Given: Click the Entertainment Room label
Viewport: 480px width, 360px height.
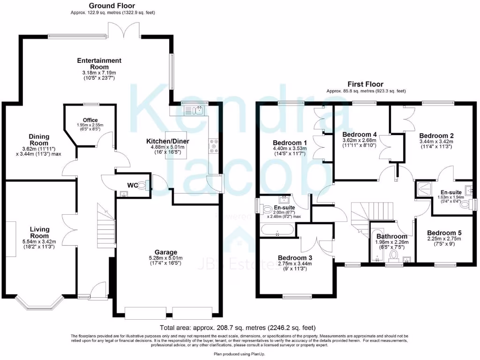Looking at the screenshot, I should coord(99,64).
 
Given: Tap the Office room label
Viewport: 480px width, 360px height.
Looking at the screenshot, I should coord(90,120).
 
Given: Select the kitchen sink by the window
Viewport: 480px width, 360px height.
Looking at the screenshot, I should coord(194,110).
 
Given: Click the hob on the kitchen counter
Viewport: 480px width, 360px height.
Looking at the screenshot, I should coord(214,145).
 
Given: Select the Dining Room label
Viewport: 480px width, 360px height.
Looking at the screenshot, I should coord(39,140).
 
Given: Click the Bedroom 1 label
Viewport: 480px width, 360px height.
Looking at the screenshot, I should coord(290,142).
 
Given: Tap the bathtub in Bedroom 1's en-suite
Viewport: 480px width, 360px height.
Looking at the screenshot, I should coord(277,230).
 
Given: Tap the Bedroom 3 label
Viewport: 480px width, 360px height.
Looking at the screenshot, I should coord(294,257).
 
